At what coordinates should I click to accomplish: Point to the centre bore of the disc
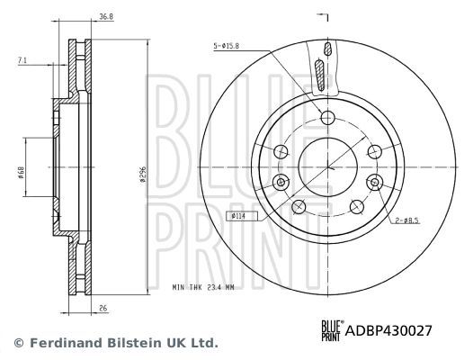point(326,165)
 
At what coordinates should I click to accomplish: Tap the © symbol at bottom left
point(17,343)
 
